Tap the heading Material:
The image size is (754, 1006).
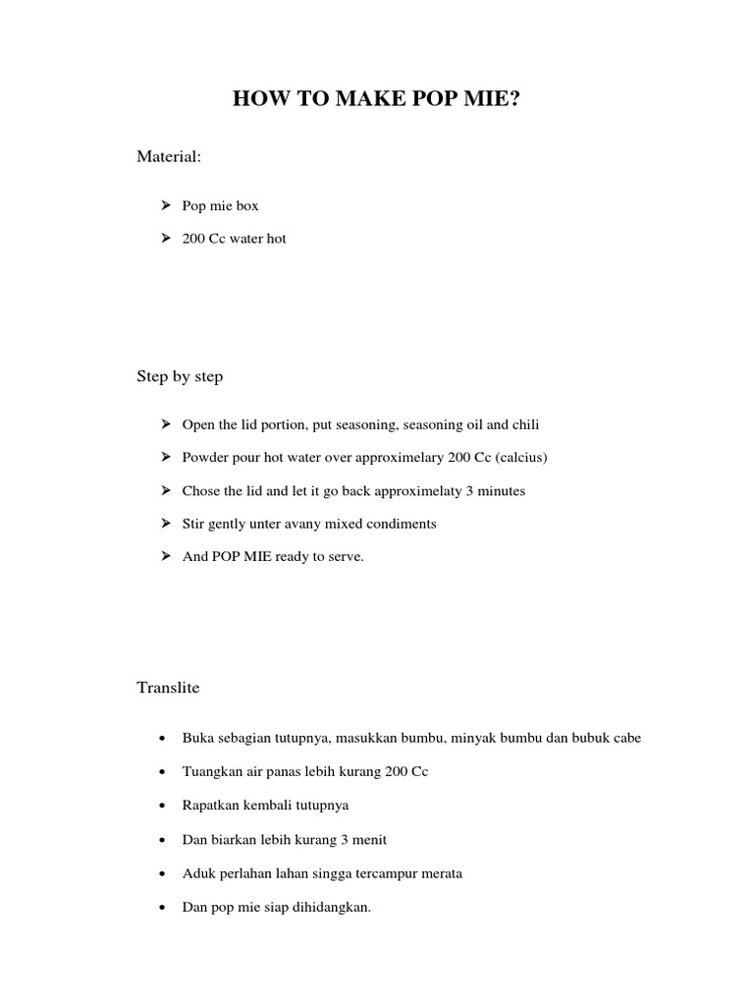pyautogui.click(x=169, y=157)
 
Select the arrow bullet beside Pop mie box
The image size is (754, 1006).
pyautogui.click(x=163, y=206)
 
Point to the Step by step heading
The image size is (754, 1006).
pyautogui.click(x=180, y=376)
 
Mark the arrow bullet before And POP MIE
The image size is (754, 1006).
pyautogui.click(x=163, y=556)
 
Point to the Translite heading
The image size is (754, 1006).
pyautogui.click(x=168, y=688)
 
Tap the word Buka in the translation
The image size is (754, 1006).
pyautogui.click(x=198, y=737)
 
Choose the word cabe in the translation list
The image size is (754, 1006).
pyautogui.click(x=625, y=737)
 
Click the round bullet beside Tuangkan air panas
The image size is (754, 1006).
pyautogui.click(x=161, y=772)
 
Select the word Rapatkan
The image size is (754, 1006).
pyautogui.click(x=211, y=805)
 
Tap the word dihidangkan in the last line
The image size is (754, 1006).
pyautogui.click(x=331, y=907)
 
